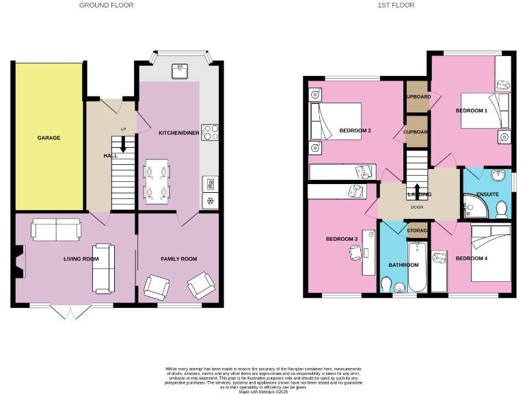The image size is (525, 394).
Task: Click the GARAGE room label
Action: pyautogui.click(x=49, y=137)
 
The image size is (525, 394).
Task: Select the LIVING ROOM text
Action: pyautogui.click(x=81, y=259)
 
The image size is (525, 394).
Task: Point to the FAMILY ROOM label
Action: pyautogui.click(x=178, y=259)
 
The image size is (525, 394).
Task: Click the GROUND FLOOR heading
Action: pyautogui.click(x=106, y=5)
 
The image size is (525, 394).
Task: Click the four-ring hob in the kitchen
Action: pyautogui.click(x=210, y=131)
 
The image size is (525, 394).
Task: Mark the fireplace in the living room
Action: pyautogui.click(x=18, y=261)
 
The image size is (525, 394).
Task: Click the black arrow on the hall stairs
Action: pyautogui.click(x=124, y=144)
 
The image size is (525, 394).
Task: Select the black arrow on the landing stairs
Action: pyautogui.click(x=416, y=189)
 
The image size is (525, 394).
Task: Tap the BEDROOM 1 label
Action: pyautogui.click(x=471, y=110)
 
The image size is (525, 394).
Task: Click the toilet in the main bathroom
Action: pyautogui.click(x=387, y=284)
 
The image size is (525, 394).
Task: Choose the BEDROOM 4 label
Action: pyautogui.click(x=471, y=258)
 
